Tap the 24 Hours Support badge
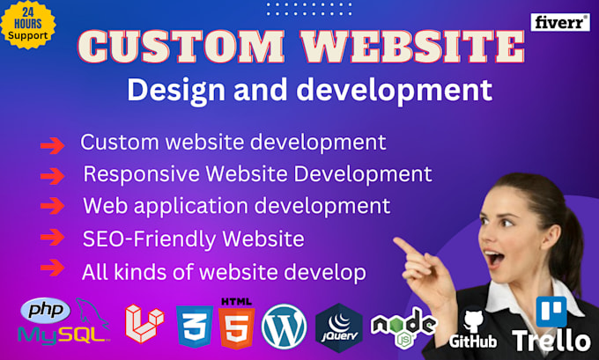29,26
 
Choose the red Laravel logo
144,323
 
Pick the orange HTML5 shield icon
236,326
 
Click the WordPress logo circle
284,326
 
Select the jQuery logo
338,326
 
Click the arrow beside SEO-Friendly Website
53,239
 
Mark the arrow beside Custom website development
53,143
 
